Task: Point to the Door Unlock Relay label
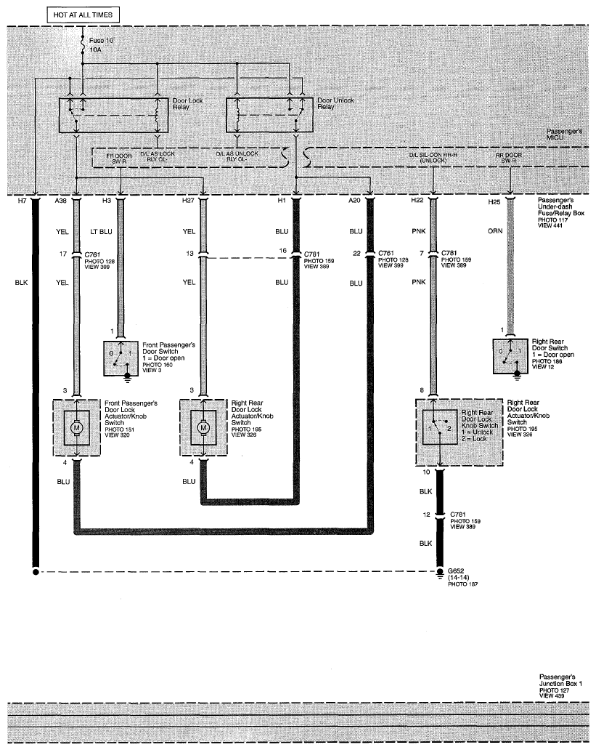(335, 103)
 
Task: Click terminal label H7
(22, 200)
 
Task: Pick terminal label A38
(60, 200)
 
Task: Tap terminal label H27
(188, 200)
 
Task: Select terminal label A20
(354, 200)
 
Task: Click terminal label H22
(417, 200)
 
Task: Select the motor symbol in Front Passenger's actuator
(77, 427)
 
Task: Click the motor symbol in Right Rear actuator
(203, 427)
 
